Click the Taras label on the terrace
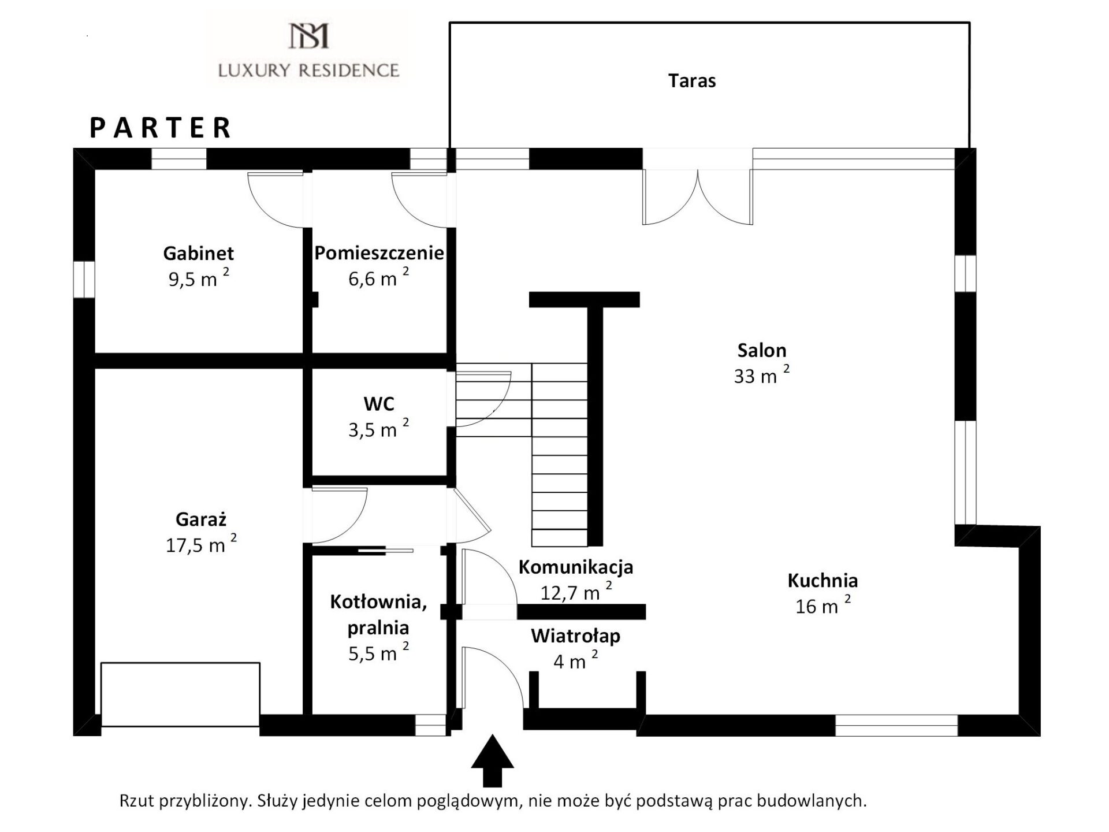click(692, 81)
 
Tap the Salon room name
click(762, 350)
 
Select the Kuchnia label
click(823, 580)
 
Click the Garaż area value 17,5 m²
click(201, 543)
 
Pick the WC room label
click(379, 404)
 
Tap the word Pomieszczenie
click(379, 253)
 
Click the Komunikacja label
click(576, 567)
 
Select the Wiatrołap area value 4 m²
click(575, 660)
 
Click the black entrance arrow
click(492, 760)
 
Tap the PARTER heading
click(161, 128)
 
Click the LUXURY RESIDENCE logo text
click(308, 70)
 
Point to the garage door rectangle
click(180, 694)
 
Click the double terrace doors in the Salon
click(698, 196)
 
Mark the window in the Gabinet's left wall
click(84, 280)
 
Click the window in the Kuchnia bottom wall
click(896, 726)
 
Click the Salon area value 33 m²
click(761, 374)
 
